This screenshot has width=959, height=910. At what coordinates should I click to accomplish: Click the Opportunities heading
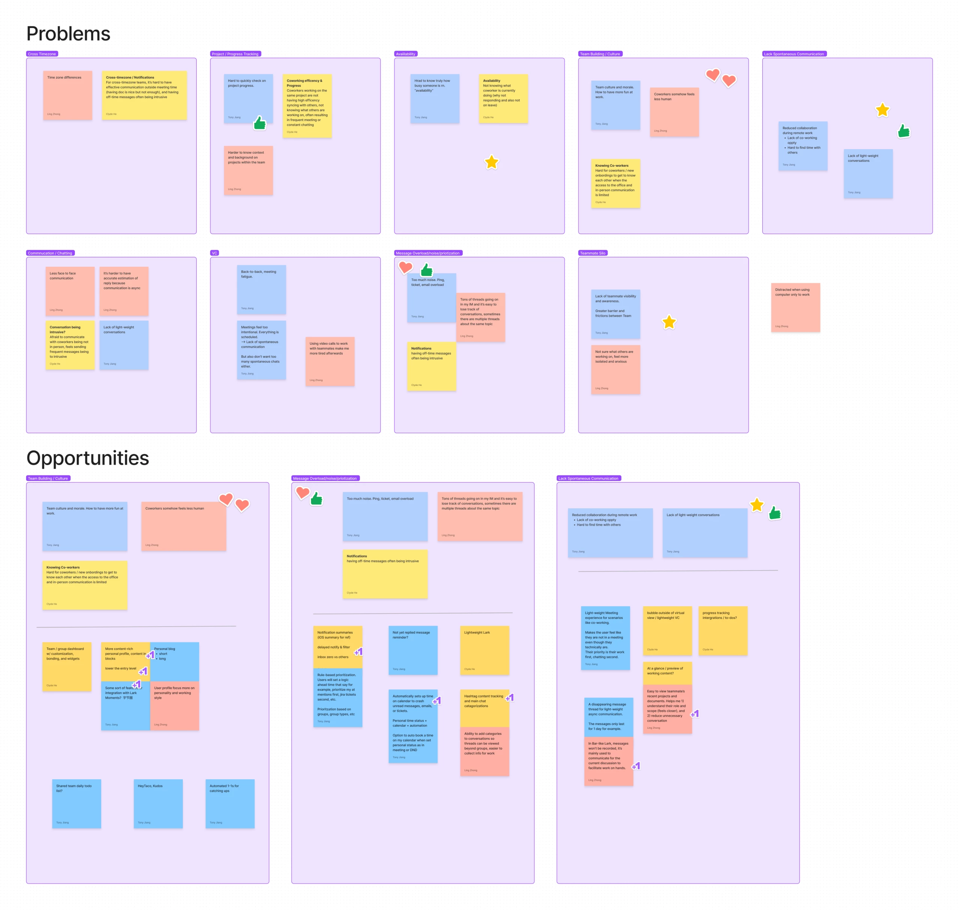pos(88,458)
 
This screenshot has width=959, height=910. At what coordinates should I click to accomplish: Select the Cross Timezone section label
pos(42,54)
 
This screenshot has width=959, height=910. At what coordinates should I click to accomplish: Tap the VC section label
pos(214,253)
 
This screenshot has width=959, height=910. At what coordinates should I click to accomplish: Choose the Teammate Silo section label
pos(592,253)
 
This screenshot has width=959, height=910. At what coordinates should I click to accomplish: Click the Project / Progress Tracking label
pos(235,54)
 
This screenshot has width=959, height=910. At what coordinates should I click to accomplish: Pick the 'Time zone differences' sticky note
pos(67,96)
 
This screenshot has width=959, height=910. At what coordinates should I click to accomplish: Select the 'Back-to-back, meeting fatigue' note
pos(261,290)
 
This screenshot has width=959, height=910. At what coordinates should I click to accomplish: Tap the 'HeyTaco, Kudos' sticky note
pos(158,803)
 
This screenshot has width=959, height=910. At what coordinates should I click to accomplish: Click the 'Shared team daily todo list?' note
pos(77,803)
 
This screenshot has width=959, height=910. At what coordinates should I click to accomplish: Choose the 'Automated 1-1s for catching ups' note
pos(230,803)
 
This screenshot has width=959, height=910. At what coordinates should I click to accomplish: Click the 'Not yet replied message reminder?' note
pos(413,650)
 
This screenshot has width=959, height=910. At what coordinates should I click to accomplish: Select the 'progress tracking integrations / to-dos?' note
pos(722,631)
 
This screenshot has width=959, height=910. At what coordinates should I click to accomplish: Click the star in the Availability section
pos(491,163)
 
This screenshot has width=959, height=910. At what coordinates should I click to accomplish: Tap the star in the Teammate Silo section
pos(669,322)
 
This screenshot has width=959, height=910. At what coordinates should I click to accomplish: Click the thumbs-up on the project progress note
pos(260,123)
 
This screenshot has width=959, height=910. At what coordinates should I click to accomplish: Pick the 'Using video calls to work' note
pos(330,362)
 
